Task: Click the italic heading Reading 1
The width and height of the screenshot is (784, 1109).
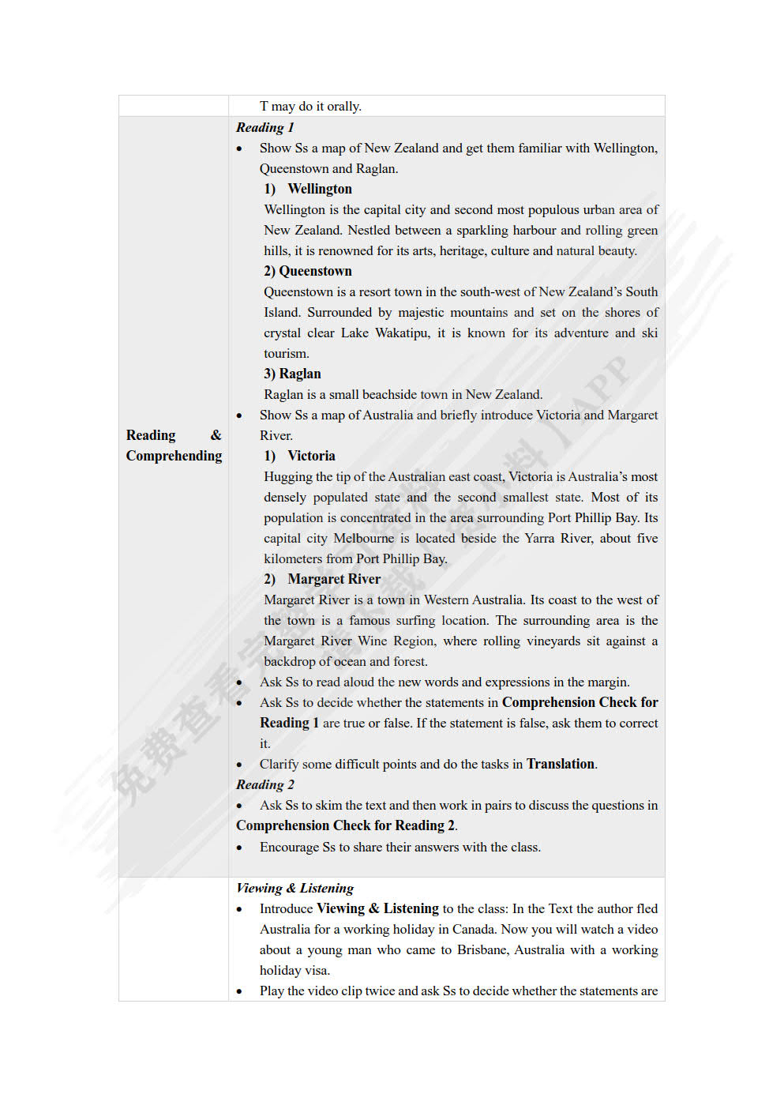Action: coord(264,127)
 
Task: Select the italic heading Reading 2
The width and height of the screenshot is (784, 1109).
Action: coord(264,784)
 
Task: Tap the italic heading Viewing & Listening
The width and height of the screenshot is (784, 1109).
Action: coord(294,888)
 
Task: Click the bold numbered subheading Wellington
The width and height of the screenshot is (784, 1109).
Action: coord(319,189)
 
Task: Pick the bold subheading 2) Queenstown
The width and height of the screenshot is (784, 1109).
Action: coord(308,271)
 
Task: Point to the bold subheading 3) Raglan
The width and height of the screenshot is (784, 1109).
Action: coord(292,374)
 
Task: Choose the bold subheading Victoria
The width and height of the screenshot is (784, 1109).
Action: coord(311,456)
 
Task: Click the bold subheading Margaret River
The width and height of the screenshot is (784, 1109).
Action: coord(333,579)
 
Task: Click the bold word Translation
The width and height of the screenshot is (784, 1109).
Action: coord(561,764)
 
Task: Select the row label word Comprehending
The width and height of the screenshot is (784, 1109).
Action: coord(174,456)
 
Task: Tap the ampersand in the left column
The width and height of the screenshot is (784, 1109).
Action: coord(216,435)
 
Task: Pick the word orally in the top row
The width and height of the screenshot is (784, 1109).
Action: coord(343,106)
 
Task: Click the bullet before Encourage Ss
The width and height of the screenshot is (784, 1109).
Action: coord(239,848)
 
